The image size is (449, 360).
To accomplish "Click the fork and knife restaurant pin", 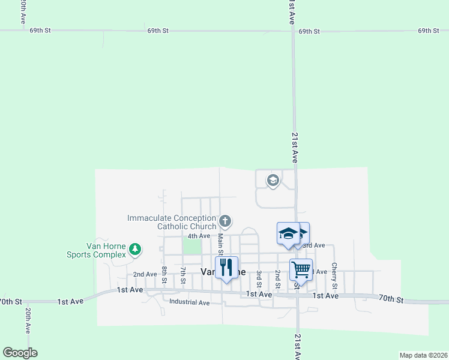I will pos(226,267).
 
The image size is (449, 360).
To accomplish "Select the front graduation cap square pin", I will pos(288,233).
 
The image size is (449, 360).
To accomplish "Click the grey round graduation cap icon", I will pos(273,181).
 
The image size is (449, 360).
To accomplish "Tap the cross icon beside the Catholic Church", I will pos(225,221).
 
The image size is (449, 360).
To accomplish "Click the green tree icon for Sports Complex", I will pos(135,249).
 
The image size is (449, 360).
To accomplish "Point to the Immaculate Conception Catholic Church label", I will pos(172,222).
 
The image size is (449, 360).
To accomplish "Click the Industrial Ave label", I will pos(189,302).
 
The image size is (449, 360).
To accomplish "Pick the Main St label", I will pos(220,242).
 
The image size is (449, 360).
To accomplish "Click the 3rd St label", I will pos(259,278).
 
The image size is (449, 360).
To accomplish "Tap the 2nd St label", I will pos(277,278).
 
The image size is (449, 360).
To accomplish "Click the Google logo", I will pos(20,353).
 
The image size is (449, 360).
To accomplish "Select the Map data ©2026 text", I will pos(423,355).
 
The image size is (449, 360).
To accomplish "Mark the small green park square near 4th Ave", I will pos(191,246).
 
